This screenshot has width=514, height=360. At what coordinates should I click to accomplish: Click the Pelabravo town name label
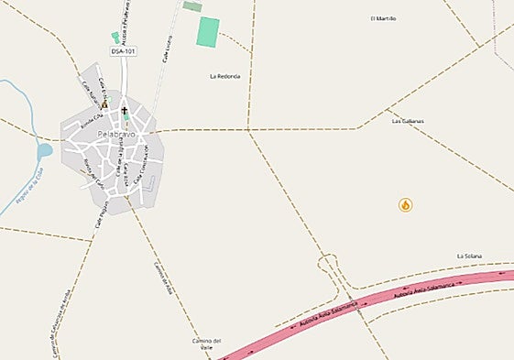(115, 136)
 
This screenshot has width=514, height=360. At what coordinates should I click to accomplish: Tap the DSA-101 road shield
(124, 51)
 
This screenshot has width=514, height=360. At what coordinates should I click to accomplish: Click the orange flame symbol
(405, 204)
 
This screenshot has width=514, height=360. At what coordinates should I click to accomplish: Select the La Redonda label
(224, 76)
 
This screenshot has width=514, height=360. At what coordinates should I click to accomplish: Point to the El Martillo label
(383, 18)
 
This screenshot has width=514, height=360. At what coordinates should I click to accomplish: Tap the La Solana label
(469, 256)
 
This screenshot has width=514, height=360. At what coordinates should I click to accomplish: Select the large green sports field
(208, 32)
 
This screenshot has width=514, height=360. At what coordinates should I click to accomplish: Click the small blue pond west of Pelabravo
(44, 150)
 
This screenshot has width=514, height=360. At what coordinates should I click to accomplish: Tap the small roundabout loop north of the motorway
(327, 267)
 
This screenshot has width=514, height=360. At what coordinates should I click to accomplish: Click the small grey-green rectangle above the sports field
(192, 6)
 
